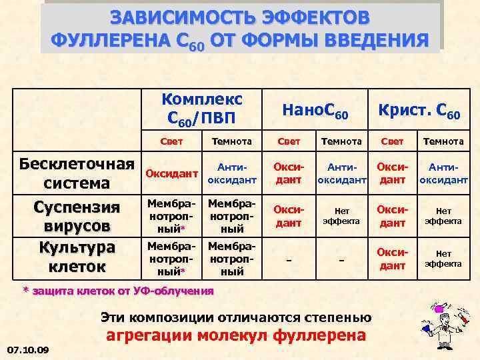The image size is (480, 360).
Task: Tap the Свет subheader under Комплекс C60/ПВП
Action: [x=173, y=141]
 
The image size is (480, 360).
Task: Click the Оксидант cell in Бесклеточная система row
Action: [x=172, y=173]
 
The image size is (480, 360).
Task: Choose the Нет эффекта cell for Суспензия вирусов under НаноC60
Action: [x=341, y=215]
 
